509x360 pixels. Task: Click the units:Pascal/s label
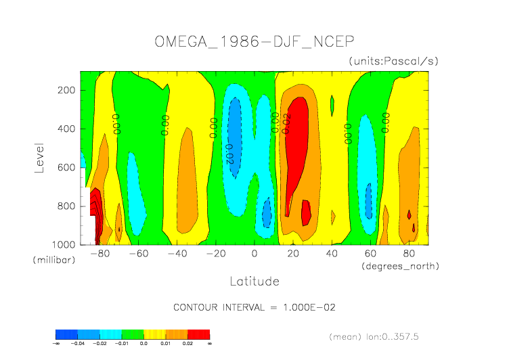tap(394, 61)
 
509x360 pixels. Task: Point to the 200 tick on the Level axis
tap(66, 90)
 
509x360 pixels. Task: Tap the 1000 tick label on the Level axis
tap(64, 244)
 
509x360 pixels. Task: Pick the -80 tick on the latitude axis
tap(99, 254)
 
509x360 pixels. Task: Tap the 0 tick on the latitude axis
tap(255, 254)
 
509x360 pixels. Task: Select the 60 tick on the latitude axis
tap(370, 254)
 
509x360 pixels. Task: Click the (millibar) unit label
tap(52, 260)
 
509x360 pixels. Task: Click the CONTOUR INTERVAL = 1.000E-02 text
tap(255, 307)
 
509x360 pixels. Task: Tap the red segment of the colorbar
tap(198, 334)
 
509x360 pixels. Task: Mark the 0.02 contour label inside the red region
tap(287, 124)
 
